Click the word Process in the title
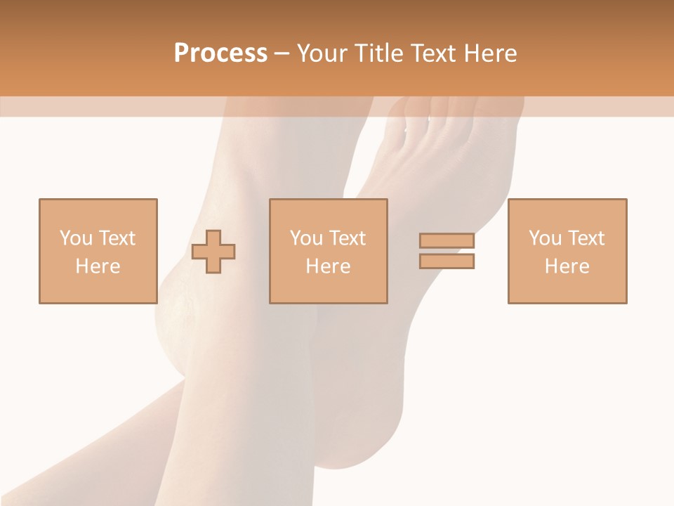[x=220, y=53]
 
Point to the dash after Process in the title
[x=282, y=53]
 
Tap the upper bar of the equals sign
[x=447, y=241]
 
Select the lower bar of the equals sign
[x=447, y=261]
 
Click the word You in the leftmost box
[x=76, y=238]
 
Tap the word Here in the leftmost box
[x=98, y=266]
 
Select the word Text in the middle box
[x=348, y=238]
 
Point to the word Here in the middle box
[x=328, y=266]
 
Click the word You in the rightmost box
[x=545, y=238]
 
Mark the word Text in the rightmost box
[x=586, y=238]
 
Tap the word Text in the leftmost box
[x=117, y=238]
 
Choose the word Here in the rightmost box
[x=567, y=266]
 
